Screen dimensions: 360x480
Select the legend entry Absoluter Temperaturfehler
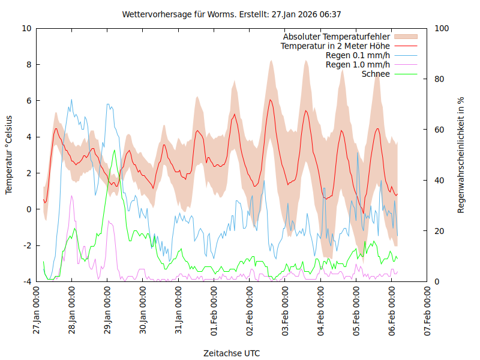point(337,37)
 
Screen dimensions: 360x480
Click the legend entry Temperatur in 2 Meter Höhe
point(335,46)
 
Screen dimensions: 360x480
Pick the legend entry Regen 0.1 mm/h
point(358,55)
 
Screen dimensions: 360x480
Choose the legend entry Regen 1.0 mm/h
point(358,64)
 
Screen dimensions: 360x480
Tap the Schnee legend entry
point(376,74)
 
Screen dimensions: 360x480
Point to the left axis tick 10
point(26,28)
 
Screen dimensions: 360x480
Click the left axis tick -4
point(26,281)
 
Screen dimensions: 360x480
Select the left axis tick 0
point(28,209)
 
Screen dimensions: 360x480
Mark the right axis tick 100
point(442,28)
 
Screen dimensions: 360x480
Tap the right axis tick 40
point(439,180)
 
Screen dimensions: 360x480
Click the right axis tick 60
point(439,130)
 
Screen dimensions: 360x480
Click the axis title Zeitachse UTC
point(232,353)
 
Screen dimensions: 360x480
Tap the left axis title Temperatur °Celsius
point(9,155)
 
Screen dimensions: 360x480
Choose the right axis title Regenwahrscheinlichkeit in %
point(461,155)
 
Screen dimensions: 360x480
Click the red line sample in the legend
point(406,46)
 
